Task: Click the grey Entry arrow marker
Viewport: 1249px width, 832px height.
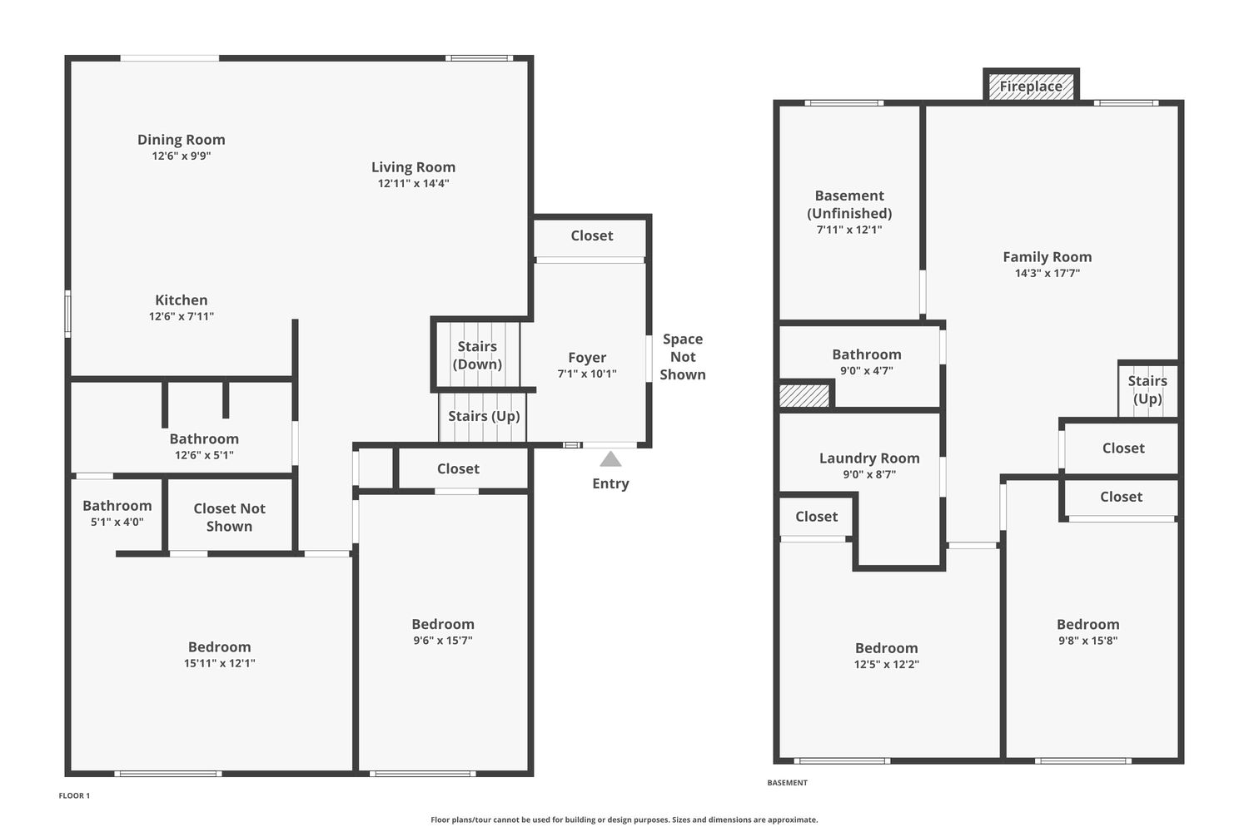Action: coord(610,459)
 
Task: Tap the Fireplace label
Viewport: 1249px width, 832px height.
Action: coord(1031,87)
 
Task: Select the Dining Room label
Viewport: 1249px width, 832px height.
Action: coord(182,139)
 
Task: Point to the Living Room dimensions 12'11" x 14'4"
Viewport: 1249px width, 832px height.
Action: coord(413,183)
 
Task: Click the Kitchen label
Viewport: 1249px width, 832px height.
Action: coord(182,300)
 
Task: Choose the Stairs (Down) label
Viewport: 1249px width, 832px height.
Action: coord(477,355)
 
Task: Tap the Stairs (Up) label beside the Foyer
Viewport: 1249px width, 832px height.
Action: coord(484,416)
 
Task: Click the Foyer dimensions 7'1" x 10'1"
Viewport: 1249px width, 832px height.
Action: coord(587,374)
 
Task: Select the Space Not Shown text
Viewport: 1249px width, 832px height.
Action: coord(683,357)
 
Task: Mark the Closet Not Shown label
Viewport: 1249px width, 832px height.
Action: coord(229,518)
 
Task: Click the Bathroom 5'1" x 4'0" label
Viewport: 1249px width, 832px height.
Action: coord(117,513)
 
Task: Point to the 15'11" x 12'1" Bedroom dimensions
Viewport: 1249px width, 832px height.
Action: coord(219,663)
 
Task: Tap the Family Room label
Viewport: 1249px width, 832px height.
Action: coord(1047,257)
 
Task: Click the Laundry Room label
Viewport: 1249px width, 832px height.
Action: coord(869,458)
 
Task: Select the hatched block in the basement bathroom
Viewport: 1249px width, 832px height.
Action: coord(804,396)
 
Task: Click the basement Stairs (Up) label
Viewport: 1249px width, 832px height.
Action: coord(1147,389)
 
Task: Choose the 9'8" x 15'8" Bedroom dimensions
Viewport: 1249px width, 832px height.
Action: coord(1087,641)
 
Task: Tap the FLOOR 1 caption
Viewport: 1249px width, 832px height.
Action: coord(74,795)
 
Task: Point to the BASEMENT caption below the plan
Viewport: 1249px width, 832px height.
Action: coord(788,783)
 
